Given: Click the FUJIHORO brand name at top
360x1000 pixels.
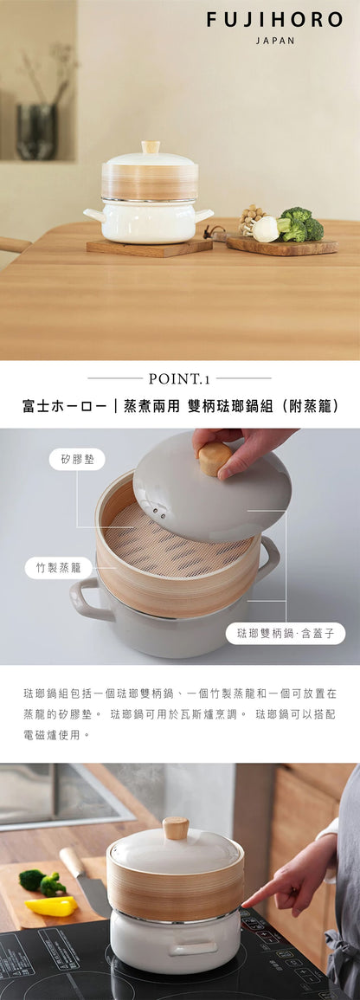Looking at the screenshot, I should point(274,20).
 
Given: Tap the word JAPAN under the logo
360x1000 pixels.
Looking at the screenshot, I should point(275,41).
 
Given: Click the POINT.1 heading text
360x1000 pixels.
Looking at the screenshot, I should point(179,378).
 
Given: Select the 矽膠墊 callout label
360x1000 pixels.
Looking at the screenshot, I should point(77,459).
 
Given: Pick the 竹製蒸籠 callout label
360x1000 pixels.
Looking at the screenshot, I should point(58,568).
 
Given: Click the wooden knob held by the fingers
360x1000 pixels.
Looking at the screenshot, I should point(215,458).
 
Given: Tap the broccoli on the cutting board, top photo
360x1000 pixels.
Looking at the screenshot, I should point(299,224).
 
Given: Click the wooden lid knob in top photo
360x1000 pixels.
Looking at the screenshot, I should point(151,147).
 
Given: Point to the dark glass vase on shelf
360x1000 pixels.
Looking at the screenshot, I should point(36,131).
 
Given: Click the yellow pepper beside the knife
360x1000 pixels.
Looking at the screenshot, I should point(53,906).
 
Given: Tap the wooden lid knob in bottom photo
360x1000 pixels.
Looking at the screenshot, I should point(176,829).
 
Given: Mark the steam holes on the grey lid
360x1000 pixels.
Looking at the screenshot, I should point(158,512).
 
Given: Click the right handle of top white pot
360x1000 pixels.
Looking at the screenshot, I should point(204,214).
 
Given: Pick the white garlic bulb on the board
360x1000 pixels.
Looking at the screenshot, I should point(266,229).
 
